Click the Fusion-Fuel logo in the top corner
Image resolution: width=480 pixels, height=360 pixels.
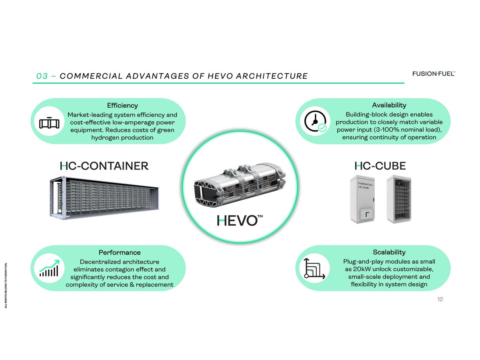click(434, 74)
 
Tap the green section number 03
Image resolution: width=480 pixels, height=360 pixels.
click(42, 76)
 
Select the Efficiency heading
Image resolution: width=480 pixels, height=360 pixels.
click(122, 106)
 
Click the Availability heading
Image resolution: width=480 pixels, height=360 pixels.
click(389, 105)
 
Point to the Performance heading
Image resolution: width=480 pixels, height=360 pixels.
click(120, 252)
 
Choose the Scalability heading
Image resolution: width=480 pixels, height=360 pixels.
click(389, 252)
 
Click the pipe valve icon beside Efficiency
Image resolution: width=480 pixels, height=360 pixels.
click(49, 123)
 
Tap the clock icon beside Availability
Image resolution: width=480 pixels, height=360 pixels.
click(315, 121)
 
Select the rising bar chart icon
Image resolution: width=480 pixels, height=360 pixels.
click(49, 268)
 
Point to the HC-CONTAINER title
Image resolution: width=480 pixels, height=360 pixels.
click(104, 166)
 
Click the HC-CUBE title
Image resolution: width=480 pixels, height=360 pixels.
click(380, 166)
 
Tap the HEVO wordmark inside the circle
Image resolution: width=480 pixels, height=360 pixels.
click(240, 220)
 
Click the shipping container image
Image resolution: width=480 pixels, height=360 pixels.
click(104, 197)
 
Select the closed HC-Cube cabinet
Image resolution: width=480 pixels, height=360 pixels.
click(362, 199)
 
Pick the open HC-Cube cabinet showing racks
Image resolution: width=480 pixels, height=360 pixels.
click(399, 199)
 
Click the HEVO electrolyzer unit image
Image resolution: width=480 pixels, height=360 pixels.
click(240, 185)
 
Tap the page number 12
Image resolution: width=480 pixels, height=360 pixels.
click(440, 299)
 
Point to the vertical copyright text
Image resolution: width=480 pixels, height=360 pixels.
click(6, 285)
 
